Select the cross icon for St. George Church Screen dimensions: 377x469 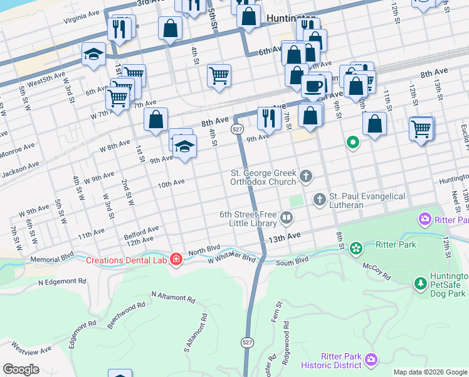coord(306,176)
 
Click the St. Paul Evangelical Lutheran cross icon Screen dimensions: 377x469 coord(319,199)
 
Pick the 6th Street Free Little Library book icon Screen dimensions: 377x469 coord(287,218)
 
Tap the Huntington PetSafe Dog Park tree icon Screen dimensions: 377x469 coord(420,285)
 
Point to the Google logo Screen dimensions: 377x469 coord(21,369)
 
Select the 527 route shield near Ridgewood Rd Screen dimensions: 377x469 coord(248,342)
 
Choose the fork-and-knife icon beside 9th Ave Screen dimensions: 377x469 coord(269,117)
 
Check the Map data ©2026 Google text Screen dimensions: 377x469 coord(429,372)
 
